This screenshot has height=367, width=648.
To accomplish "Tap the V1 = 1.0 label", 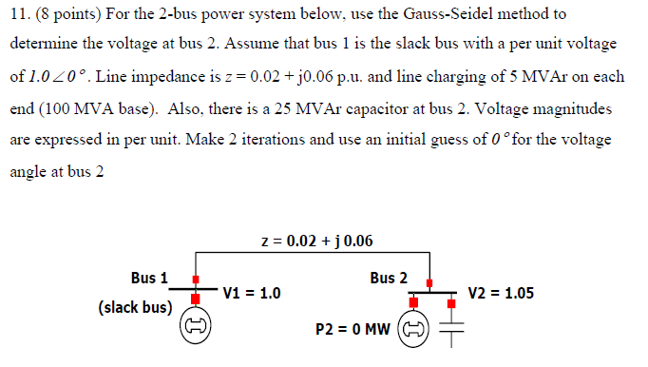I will click(251, 293).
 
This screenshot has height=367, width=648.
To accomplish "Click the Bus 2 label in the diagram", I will click(389, 279).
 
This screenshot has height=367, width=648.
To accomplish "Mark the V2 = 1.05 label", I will click(501, 293).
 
